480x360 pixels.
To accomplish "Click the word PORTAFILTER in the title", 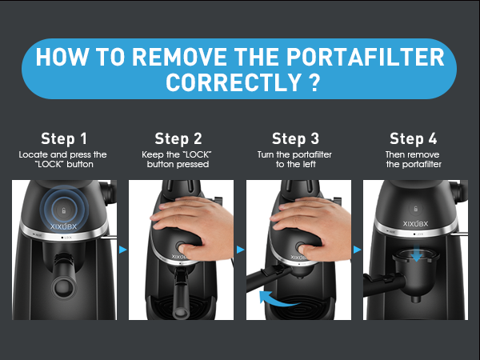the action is click(x=365, y=58).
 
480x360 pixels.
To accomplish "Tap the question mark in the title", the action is click(x=314, y=82).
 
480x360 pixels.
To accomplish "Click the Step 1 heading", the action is click(x=64, y=138).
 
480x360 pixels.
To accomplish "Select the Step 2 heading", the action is click(x=178, y=138).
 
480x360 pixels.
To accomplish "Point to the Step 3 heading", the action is click(x=295, y=138).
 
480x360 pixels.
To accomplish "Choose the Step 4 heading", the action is click(x=413, y=138).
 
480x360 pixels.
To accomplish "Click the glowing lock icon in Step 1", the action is click(x=64, y=210).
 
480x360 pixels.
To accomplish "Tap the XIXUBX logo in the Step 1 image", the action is click(x=63, y=226).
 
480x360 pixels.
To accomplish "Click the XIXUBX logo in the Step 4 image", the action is click(x=415, y=224).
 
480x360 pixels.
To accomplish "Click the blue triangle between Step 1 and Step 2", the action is click(x=122, y=250).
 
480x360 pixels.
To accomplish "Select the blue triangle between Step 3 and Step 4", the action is click(x=357, y=250).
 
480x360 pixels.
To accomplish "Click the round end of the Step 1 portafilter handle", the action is click(x=64, y=288).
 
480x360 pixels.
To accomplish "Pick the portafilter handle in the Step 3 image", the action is click(x=269, y=276).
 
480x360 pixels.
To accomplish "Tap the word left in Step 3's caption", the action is click(x=309, y=164).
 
